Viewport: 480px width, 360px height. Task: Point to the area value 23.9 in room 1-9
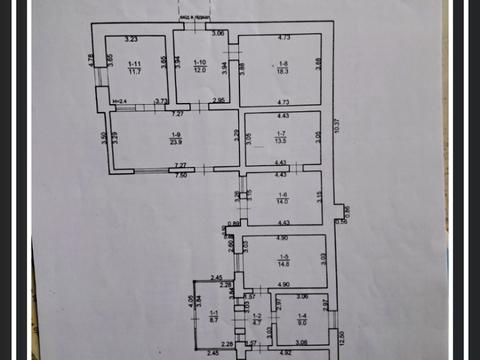176,142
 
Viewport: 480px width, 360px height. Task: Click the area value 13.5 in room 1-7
282,142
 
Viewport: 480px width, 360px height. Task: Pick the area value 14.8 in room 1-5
283,264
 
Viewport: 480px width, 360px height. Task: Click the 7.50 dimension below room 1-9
181,174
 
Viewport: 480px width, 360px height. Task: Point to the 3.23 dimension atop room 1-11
130,39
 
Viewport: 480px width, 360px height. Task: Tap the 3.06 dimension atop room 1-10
219,33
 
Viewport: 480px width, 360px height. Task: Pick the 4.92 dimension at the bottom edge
284,352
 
